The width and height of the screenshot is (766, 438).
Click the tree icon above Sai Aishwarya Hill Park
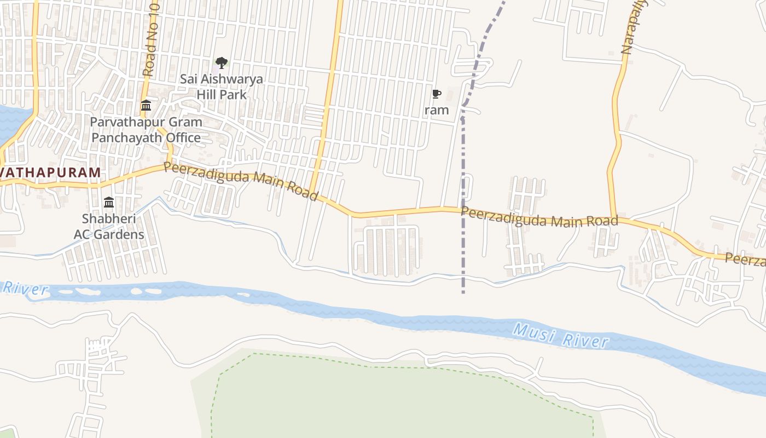[221, 63]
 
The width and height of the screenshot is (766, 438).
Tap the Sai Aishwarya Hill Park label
[222, 87]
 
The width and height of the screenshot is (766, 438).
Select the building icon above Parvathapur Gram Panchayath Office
[146, 105]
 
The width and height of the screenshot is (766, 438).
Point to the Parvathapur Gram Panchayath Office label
[146, 129]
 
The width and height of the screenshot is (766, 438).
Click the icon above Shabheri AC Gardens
[109, 203]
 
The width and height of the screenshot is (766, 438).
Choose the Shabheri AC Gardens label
[109, 227]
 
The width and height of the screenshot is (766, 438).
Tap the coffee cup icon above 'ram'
[436, 94]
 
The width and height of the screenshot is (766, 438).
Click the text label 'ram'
[437, 110]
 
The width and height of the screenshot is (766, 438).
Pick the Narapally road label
[634, 27]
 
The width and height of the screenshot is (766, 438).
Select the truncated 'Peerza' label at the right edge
[745, 260]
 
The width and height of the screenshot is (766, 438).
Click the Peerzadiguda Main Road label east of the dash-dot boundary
[539, 217]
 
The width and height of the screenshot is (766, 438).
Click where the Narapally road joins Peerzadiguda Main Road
[614, 218]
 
